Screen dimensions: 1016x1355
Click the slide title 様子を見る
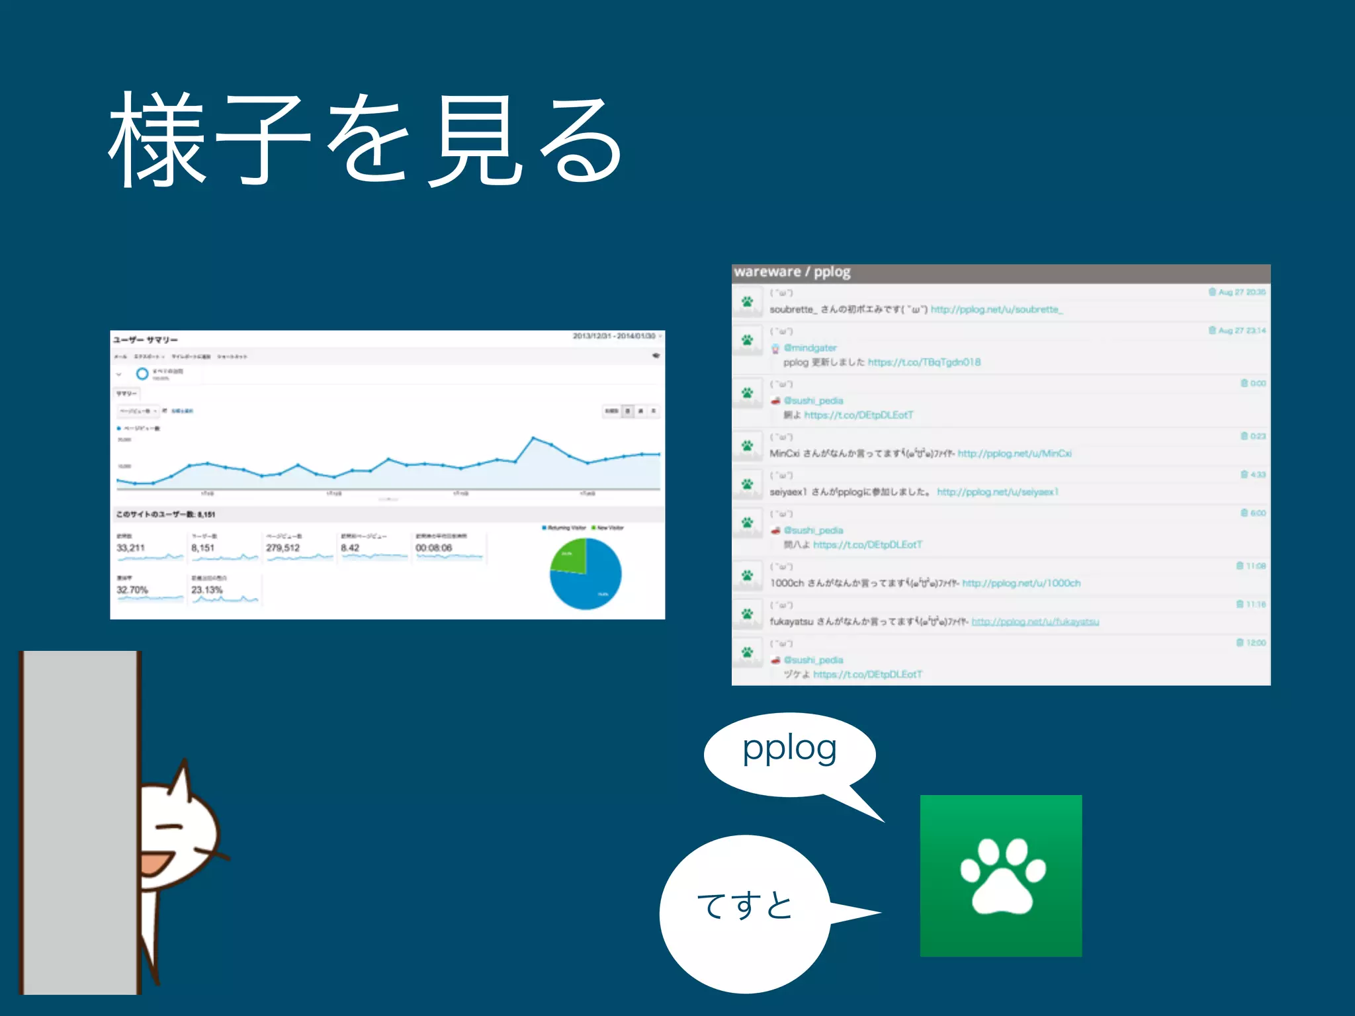point(366,140)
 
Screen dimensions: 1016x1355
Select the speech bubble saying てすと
point(744,913)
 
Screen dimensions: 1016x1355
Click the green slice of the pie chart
point(570,556)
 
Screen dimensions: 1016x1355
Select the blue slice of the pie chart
point(592,579)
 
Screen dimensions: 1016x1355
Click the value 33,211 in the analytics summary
point(130,548)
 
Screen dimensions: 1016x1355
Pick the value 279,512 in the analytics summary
point(283,548)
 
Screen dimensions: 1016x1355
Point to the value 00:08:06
point(433,548)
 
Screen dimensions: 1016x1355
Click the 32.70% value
point(132,589)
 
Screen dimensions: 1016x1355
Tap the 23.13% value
point(207,589)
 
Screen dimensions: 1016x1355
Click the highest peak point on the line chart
point(533,438)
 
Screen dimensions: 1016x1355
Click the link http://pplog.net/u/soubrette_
point(996,310)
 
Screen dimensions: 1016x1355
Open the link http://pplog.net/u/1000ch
point(1021,583)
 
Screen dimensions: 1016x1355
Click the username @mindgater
point(810,348)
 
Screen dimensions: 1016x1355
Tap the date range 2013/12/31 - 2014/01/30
point(613,337)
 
